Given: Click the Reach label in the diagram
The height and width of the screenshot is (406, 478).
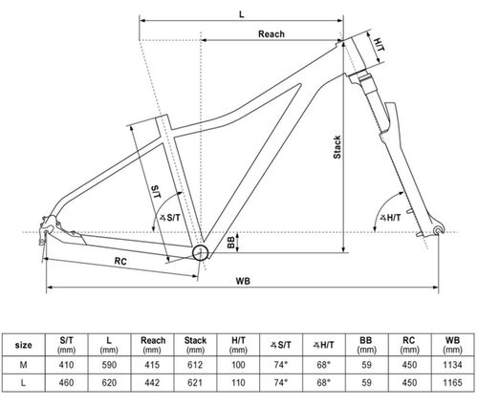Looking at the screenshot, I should click(x=272, y=33).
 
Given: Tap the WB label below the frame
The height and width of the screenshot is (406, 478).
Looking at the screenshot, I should click(x=244, y=281).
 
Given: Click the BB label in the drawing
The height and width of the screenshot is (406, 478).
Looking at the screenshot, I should click(x=232, y=241).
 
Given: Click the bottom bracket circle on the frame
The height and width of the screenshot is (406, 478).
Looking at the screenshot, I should click(x=200, y=252).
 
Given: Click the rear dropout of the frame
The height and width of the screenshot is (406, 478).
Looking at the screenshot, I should click(x=46, y=225).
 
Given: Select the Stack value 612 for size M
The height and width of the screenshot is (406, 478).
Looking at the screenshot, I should click(x=195, y=364).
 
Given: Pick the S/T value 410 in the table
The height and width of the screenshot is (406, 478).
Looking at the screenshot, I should click(x=67, y=364).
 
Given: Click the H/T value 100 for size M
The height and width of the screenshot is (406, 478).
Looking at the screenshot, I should click(x=238, y=364).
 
